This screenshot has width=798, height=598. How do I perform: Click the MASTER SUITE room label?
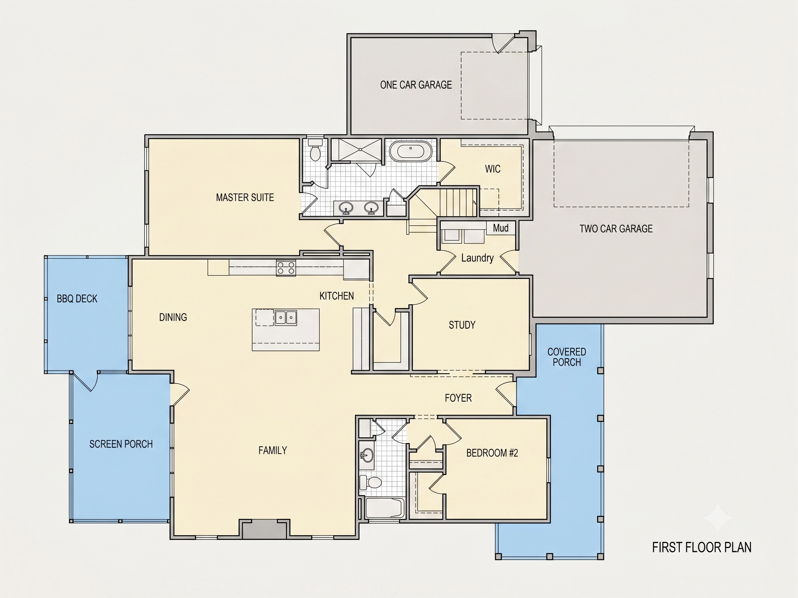[245, 198]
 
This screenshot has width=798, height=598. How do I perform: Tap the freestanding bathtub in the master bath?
[411, 152]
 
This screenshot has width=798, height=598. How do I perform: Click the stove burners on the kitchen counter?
[286, 268]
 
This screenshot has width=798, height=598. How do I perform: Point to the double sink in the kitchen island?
[286, 318]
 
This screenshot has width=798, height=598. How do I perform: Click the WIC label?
[492, 169]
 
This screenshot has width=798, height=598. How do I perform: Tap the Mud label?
[501, 228]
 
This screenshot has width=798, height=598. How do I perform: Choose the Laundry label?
[477, 258]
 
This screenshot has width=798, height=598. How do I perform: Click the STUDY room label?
[462, 325]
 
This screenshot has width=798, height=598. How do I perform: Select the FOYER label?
[458, 398]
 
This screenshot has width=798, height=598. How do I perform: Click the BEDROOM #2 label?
[492, 453]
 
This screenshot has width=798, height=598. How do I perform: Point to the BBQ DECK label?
[77, 299]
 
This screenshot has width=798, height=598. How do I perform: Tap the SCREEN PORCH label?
[121, 444]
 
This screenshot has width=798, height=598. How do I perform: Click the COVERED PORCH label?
[567, 357]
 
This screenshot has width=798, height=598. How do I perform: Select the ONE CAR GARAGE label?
[416, 85]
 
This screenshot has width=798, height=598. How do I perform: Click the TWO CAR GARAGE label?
[616, 229]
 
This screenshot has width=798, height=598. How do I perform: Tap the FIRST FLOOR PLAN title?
[702, 548]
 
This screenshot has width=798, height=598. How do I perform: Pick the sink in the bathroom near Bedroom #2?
[367, 455]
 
